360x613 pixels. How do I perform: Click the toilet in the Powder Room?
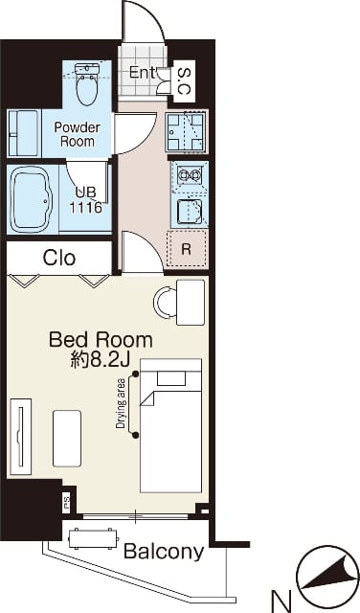87,83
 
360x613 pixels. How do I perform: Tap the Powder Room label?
77,134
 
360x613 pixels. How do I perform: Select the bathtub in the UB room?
33,199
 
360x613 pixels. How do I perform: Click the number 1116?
86,208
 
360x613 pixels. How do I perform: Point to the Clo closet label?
59,258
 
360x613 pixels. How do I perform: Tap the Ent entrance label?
143,73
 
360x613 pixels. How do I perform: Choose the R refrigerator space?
187,249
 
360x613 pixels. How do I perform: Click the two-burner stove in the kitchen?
190,174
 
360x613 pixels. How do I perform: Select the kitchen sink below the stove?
190,212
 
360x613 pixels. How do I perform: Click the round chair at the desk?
165,302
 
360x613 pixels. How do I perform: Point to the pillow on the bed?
171,378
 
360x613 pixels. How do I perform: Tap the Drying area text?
122,404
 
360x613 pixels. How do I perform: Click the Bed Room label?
101,340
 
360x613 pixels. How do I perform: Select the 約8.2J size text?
100,360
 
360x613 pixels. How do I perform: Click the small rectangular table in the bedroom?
67,439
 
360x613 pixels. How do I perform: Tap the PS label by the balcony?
66,500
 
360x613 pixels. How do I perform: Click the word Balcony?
164,552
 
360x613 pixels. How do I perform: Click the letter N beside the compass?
281,601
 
